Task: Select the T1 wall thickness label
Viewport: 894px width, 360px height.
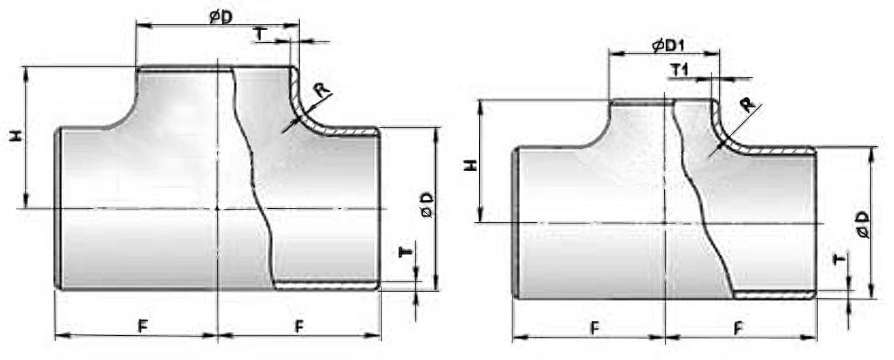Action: (x=680, y=70)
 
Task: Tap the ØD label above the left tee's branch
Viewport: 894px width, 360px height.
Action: (x=221, y=17)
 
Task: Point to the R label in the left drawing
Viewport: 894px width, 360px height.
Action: (x=322, y=90)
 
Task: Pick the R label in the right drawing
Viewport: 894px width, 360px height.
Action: (x=748, y=105)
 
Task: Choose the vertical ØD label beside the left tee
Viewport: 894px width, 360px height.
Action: (x=427, y=205)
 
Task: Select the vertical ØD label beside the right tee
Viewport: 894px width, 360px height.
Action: (x=863, y=225)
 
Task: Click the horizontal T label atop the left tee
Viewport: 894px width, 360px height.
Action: (x=260, y=34)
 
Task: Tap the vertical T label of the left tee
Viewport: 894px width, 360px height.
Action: (x=405, y=252)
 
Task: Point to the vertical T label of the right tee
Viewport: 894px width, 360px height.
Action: (x=840, y=260)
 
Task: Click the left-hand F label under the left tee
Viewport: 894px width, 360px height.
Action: (x=142, y=326)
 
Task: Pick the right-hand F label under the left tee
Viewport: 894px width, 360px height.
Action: (x=299, y=326)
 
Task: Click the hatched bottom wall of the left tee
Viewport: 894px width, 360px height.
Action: (x=327, y=285)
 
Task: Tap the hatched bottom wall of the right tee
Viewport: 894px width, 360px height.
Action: (x=774, y=294)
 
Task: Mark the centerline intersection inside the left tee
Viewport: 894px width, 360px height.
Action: (x=218, y=208)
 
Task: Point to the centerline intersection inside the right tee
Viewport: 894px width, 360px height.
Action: (x=665, y=223)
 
